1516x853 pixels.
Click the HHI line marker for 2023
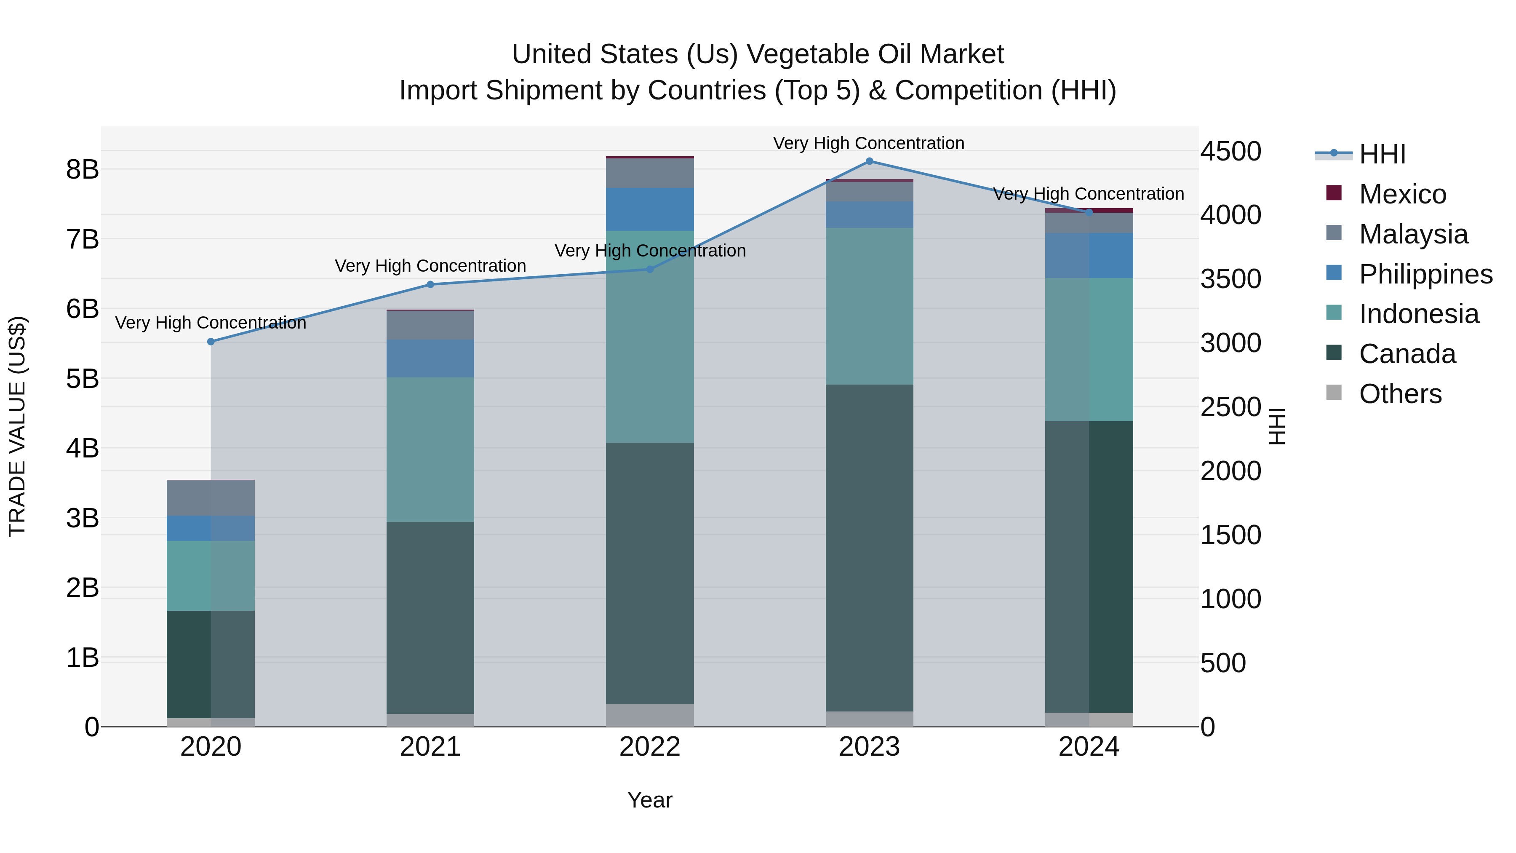869,161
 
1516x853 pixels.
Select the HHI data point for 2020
211,342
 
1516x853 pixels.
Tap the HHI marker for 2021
430,284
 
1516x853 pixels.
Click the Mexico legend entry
1402,194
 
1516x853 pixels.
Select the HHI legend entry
1382,154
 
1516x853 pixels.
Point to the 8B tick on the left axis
83,169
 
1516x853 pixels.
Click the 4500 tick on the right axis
1230,151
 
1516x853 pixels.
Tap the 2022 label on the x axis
650,747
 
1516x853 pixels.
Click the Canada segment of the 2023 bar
869,548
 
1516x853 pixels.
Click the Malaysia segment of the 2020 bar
211,498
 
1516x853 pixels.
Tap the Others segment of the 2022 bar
650,715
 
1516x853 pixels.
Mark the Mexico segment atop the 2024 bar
1089,210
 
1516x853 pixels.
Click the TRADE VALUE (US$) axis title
17,426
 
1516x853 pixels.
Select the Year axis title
650,800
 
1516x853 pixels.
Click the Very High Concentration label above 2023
869,143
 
